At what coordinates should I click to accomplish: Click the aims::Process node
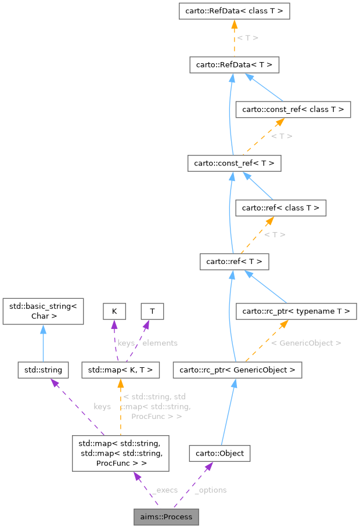click(165, 516)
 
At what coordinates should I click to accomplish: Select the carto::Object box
click(219, 453)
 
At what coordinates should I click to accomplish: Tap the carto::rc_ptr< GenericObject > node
click(237, 369)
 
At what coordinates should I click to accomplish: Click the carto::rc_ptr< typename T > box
click(296, 312)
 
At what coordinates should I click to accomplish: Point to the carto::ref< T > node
click(234, 262)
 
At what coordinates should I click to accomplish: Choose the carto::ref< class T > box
click(280, 207)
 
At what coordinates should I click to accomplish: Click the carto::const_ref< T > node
click(234, 164)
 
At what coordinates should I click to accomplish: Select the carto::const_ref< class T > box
click(293, 109)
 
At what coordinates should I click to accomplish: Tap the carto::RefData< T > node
click(234, 64)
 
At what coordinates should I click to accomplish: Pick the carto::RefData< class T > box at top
click(234, 11)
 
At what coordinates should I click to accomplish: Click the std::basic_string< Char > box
click(44, 311)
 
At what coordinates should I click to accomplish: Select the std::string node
click(44, 369)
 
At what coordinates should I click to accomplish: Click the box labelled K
click(114, 311)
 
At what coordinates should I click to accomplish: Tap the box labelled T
click(152, 311)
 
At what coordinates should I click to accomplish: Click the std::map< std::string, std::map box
click(120, 453)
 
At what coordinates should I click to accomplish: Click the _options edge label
click(210, 490)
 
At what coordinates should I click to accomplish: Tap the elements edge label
click(160, 343)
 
